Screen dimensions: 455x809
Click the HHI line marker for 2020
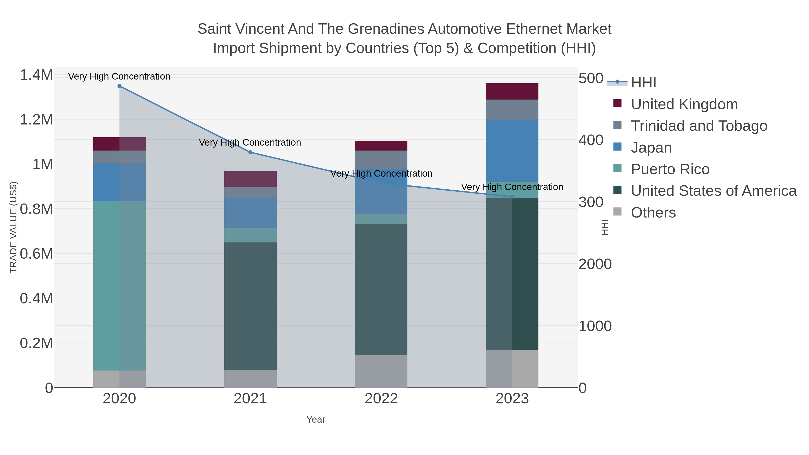119,86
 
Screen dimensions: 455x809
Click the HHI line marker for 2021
250,152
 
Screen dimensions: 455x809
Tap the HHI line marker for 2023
512,197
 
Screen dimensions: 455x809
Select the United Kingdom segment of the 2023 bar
512,91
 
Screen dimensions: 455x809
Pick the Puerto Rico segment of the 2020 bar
119,286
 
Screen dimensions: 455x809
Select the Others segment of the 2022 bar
381,371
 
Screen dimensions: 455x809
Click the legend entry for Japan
651,148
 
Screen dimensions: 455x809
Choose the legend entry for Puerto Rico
670,169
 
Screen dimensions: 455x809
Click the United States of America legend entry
713,191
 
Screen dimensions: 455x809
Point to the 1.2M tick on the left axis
36,120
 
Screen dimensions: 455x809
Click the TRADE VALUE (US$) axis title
13,227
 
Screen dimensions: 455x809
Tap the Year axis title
316,419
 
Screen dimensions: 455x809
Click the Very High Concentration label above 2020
119,76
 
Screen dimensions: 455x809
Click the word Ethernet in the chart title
534,29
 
